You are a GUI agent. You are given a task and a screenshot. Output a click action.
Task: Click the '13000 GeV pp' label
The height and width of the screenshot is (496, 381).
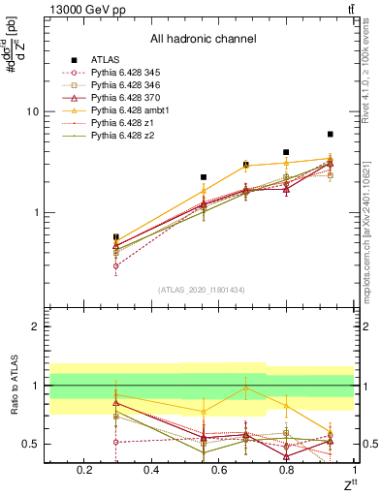(83, 9)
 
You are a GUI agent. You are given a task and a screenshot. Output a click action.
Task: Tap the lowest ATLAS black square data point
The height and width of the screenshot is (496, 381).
(116, 236)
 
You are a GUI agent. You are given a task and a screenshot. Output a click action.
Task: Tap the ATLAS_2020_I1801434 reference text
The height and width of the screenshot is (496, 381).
(202, 290)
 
